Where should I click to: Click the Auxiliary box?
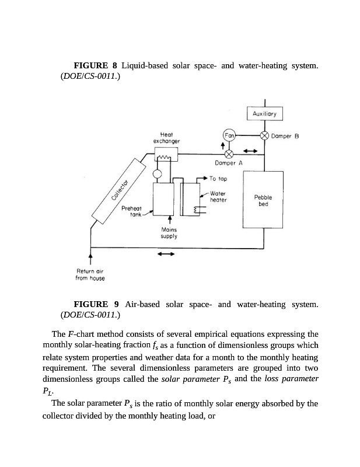[265, 114]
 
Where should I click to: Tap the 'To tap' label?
[218, 179]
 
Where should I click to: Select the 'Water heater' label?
[218, 196]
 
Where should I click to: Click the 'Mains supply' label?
[169, 233]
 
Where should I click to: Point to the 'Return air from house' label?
[90, 274]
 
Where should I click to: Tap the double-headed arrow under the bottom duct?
[166, 255]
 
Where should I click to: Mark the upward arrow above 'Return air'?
[90, 257]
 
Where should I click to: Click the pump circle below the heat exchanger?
[157, 174]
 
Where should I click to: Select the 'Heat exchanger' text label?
[166, 138]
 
